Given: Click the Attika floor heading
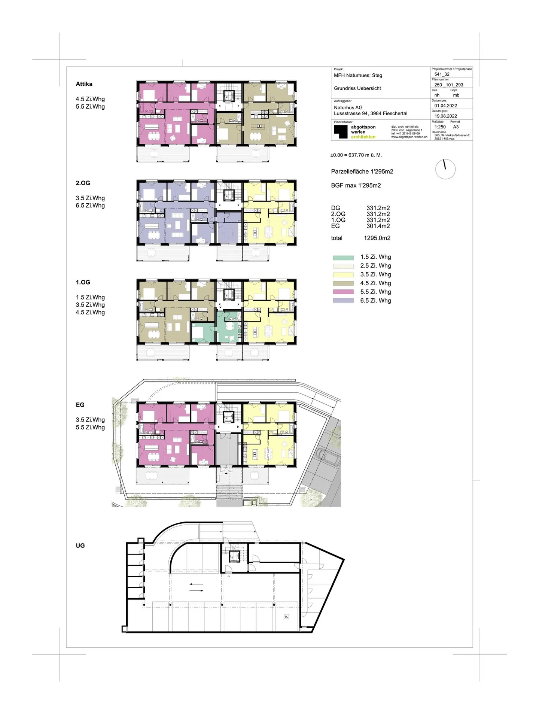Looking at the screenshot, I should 84,84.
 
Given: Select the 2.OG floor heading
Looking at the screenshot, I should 83,183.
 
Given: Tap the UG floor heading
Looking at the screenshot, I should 80,546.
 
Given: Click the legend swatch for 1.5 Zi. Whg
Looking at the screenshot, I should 343,258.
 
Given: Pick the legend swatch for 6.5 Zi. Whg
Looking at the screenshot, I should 343,301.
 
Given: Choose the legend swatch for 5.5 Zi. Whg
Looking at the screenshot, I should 343,292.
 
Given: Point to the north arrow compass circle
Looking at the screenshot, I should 445,169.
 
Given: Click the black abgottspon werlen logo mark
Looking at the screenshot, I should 341,132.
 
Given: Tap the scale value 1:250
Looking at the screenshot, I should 440,127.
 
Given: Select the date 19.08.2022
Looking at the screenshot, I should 445,116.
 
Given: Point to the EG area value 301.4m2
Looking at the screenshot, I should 378,226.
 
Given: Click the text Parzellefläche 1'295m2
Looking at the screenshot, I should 362,171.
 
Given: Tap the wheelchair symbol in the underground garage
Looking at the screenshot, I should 287,617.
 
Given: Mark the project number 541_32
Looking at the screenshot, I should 442,74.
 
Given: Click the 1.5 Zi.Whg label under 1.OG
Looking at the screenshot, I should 90,297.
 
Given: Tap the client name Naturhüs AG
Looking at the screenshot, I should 348,107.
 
